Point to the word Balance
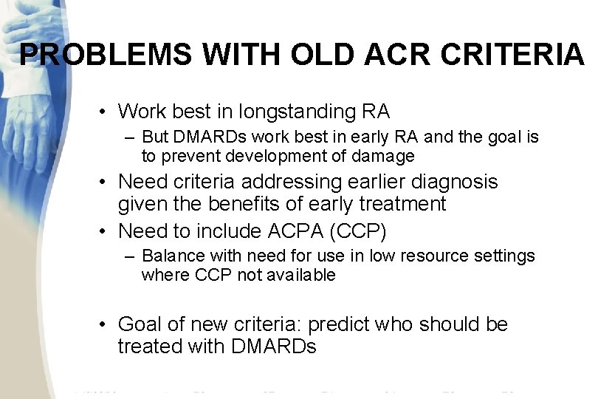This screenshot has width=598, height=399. pos(168,256)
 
